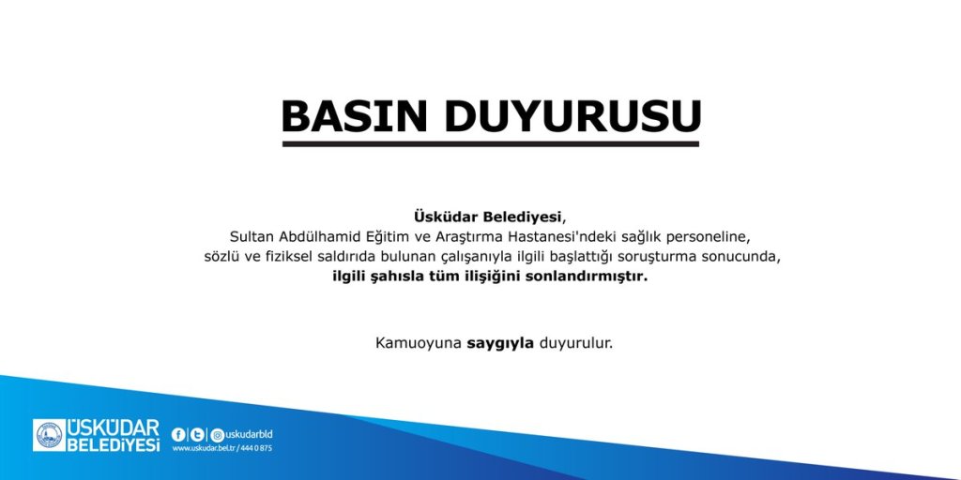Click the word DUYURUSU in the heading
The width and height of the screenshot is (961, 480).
click(572, 116)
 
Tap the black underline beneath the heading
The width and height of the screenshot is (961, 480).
click(491, 143)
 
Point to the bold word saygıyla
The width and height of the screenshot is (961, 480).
click(500, 343)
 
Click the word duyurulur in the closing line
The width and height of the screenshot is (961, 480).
click(575, 343)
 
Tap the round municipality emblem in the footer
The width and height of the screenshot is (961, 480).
click(49, 435)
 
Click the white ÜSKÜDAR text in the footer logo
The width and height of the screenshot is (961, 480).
click(113, 427)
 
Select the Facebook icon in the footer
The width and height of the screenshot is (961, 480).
click(178, 434)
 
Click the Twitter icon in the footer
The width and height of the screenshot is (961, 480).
click(196, 434)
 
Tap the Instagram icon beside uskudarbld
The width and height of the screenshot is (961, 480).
click(217, 434)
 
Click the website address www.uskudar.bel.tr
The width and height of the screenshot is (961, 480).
click(202, 448)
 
